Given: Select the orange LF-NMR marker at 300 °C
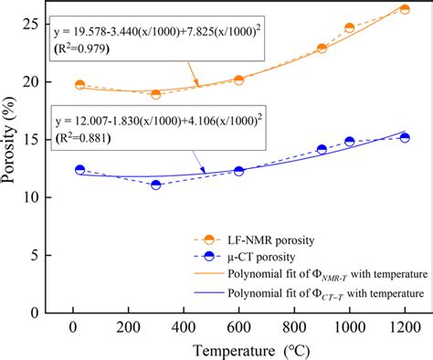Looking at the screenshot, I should point(156,94).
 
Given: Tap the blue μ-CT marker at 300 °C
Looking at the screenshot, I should point(156,185).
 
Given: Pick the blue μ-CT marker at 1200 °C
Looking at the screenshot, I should point(405,138).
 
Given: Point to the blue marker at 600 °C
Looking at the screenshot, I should point(239,171).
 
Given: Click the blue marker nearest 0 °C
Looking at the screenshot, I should point(79,170).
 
